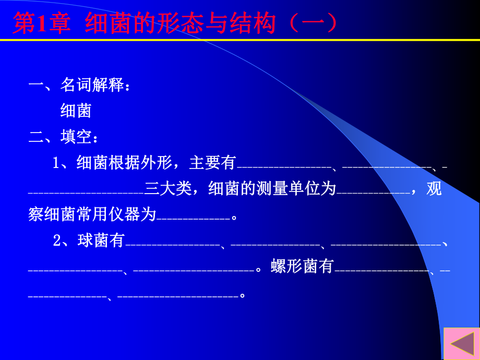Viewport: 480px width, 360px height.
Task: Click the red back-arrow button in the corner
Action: tap(462, 344)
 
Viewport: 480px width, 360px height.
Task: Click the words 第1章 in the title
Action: tap(42, 23)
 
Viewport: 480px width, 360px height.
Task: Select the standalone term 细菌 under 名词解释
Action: tap(76, 111)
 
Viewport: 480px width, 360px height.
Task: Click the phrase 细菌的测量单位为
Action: tap(271, 189)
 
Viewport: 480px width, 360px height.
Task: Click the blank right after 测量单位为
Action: tap(374, 193)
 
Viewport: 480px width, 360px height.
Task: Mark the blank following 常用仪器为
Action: tap(193, 219)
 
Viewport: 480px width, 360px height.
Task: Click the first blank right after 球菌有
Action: tap(173, 244)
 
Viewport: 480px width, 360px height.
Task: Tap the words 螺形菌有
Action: tap(302, 267)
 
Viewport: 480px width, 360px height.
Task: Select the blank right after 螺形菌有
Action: tap(381, 270)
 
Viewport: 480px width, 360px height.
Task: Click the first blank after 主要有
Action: tap(285, 166)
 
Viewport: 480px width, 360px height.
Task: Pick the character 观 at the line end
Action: tap(434, 189)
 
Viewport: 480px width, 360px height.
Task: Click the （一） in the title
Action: tap(314, 23)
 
